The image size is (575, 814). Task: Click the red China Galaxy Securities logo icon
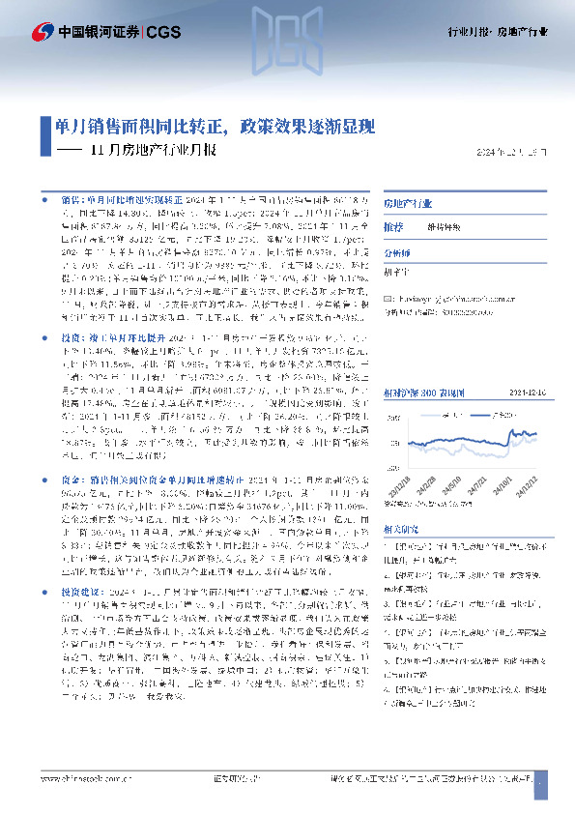[42, 32]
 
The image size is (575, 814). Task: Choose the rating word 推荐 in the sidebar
[393, 225]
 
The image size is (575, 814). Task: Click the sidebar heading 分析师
[398, 248]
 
